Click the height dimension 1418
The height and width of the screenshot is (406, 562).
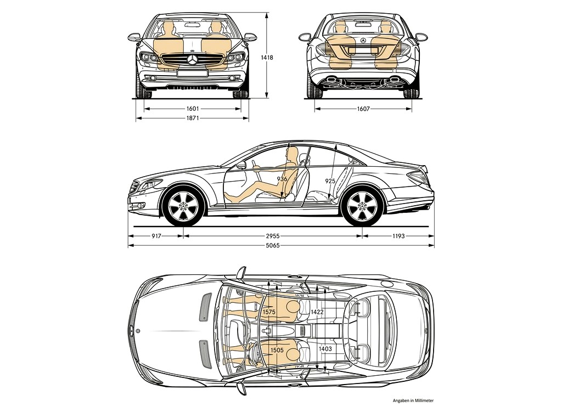point(267,58)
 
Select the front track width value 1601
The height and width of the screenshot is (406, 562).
point(193,109)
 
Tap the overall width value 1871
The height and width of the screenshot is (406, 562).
point(193,118)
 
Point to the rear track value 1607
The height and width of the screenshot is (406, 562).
point(363,109)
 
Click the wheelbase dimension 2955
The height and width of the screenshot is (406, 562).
point(272,236)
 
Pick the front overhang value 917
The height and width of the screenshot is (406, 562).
point(156,236)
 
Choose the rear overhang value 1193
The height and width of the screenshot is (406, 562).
point(398,236)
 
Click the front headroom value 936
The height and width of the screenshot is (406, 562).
point(282,179)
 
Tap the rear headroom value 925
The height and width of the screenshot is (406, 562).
point(330,181)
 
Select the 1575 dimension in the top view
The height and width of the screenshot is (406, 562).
point(269,312)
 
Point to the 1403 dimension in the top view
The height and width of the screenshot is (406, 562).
point(325,348)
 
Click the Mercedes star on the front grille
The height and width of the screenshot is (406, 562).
point(193,60)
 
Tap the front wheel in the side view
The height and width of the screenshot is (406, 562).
point(183,206)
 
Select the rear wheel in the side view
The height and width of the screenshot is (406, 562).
point(362,206)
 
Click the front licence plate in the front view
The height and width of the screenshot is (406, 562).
point(193,73)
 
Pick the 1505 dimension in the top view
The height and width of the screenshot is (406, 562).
point(277,350)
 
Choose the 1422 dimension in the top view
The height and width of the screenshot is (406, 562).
point(317,312)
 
